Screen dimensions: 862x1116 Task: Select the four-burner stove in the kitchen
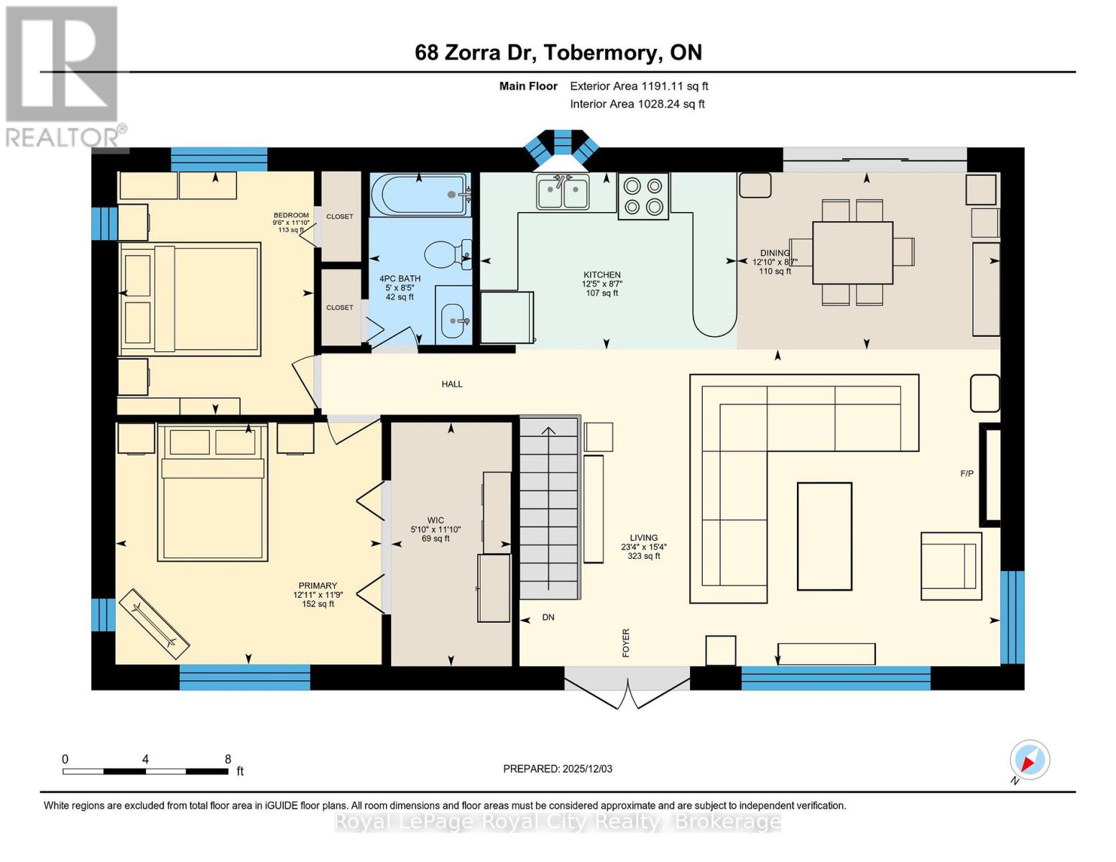643,196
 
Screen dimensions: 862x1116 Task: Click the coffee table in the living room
824,536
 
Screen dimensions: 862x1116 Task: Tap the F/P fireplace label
967,473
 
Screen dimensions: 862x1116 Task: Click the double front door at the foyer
627,688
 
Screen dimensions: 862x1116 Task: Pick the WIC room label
435,520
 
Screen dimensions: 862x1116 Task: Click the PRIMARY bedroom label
318,585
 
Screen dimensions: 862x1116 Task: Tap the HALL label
452,384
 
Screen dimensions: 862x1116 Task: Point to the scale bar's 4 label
146,759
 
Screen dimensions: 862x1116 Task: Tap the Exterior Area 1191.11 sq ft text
639,86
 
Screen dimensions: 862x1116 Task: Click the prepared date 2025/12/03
558,769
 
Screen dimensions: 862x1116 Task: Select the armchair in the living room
951,566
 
